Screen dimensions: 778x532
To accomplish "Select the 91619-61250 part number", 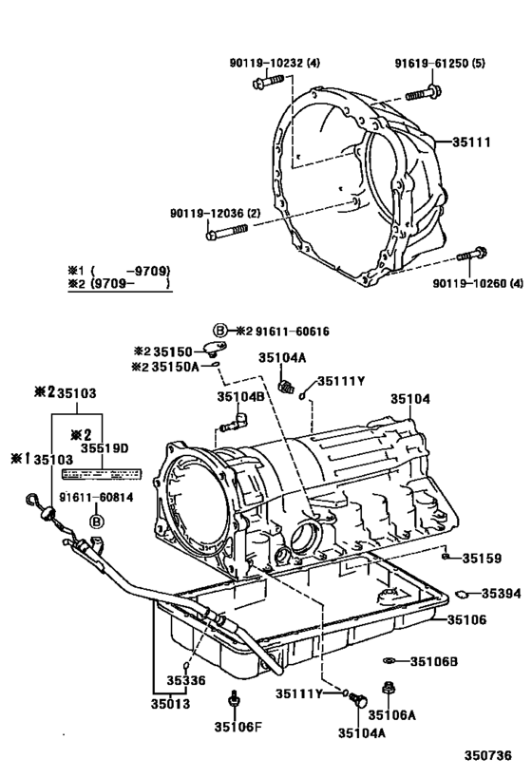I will tap(436, 64).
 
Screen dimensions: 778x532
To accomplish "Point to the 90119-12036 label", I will tap(215, 213).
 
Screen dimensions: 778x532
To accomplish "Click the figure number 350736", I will tap(487, 755).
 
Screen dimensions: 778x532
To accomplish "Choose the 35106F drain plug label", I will tap(233, 729).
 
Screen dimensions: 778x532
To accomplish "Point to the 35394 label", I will tap(501, 594).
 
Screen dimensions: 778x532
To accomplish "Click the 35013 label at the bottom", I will tap(169, 704).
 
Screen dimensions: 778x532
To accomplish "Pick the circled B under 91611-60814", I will tap(95, 520).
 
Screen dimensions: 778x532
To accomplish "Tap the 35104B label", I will tap(240, 396).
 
